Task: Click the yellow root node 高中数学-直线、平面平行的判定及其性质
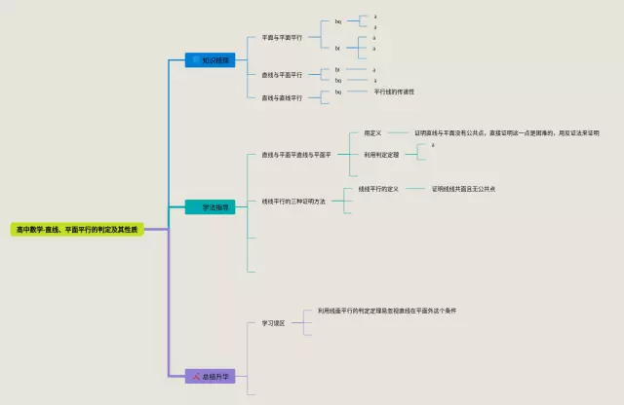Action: (x=77, y=229)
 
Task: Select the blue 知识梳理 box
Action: (x=210, y=60)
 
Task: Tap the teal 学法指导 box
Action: (x=210, y=207)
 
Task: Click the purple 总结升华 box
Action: (x=210, y=376)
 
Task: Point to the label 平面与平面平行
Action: (x=282, y=38)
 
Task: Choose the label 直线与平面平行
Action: (x=282, y=75)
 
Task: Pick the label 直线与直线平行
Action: (x=282, y=97)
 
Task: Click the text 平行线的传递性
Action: (x=395, y=92)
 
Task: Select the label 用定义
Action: (x=372, y=132)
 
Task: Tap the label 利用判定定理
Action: (x=381, y=154)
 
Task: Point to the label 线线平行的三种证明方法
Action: (x=293, y=202)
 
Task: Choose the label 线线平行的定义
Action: (x=379, y=189)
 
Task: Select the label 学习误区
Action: (x=273, y=323)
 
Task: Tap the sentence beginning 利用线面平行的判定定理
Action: (x=387, y=311)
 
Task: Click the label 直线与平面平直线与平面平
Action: (x=296, y=154)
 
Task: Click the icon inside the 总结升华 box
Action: (x=195, y=376)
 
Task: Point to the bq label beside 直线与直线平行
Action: (x=338, y=92)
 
